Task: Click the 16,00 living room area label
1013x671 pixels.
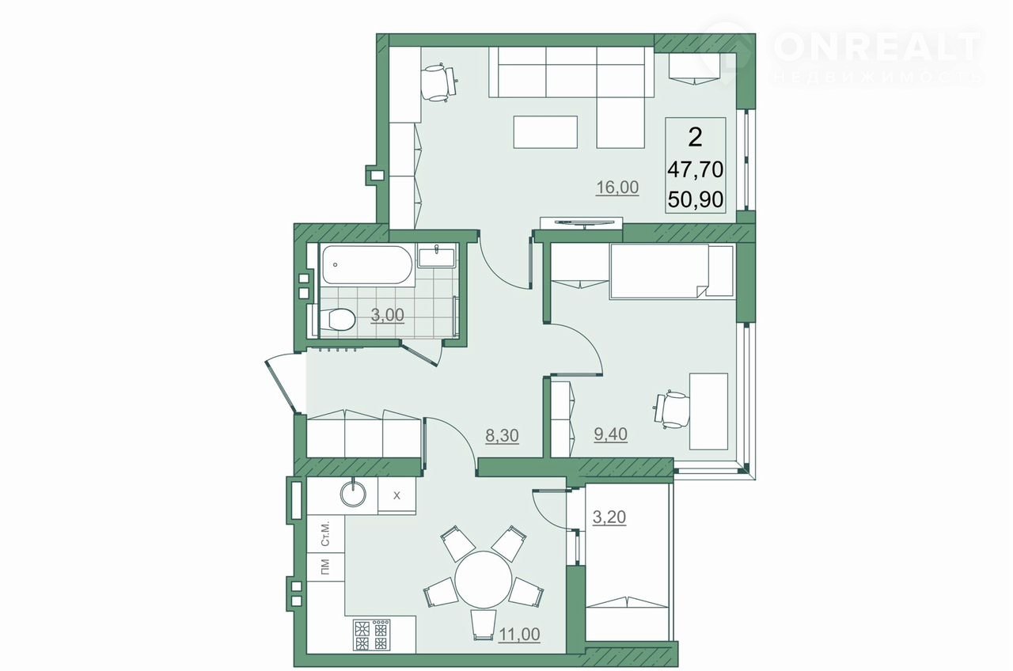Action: [x=617, y=187]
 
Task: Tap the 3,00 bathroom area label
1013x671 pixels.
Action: [x=387, y=315]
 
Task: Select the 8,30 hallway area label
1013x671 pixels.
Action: [x=502, y=436]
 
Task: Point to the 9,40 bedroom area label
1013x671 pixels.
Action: [x=610, y=434]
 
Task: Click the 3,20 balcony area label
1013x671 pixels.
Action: [x=609, y=517]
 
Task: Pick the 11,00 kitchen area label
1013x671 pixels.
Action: [x=519, y=635]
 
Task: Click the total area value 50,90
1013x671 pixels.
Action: [x=696, y=199]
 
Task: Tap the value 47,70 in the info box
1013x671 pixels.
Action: [x=696, y=170]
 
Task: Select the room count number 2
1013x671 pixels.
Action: [x=695, y=137]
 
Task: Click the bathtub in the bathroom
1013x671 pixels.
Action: [x=367, y=265]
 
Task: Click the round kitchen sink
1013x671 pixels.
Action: [x=353, y=492]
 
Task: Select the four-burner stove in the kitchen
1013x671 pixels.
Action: [x=372, y=635]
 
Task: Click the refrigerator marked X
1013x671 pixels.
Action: [x=396, y=495]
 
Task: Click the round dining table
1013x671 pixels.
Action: [x=484, y=580]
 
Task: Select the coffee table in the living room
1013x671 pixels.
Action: [x=545, y=132]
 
